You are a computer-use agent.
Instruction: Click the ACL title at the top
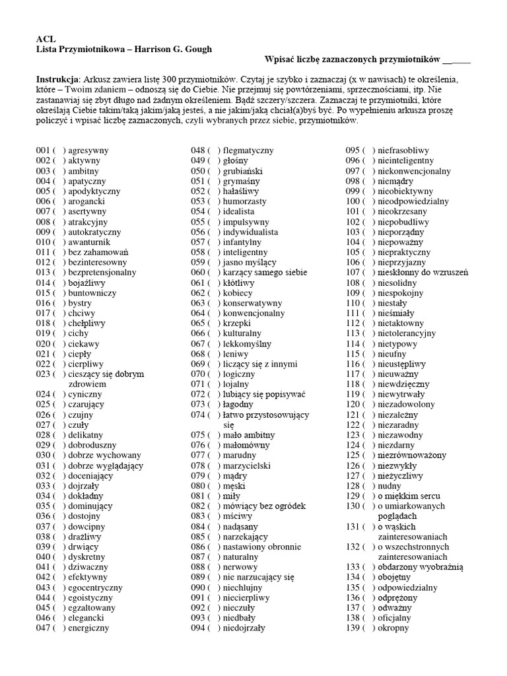[x=44, y=40]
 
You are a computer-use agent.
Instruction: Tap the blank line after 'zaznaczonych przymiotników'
[x=456, y=61]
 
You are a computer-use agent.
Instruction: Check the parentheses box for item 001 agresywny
[x=60, y=151]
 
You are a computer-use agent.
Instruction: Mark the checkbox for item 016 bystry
[x=60, y=303]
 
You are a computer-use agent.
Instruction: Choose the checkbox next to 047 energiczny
[x=60, y=628]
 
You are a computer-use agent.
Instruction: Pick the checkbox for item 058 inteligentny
[x=215, y=252]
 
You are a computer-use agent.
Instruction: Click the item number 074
[x=198, y=415]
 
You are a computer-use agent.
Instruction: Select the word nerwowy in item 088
[x=240, y=567]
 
